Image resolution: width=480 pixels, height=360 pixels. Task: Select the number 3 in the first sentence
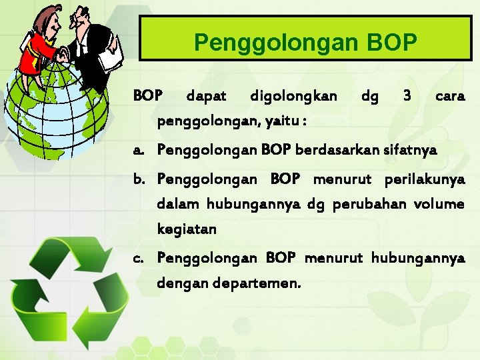pyautogui.click(x=407, y=97)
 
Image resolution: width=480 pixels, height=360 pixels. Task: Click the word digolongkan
pyautogui.click(x=293, y=97)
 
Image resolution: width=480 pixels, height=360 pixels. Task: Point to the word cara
pyautogui.click(x=450, y=97)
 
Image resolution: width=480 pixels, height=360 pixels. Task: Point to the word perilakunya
pyautogui.click(x=425, y=179)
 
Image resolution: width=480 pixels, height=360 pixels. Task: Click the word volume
pyautogui.click(x=439, y=204)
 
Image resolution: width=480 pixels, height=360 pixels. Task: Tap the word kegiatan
pyautogui.click(x=187, y=230)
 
